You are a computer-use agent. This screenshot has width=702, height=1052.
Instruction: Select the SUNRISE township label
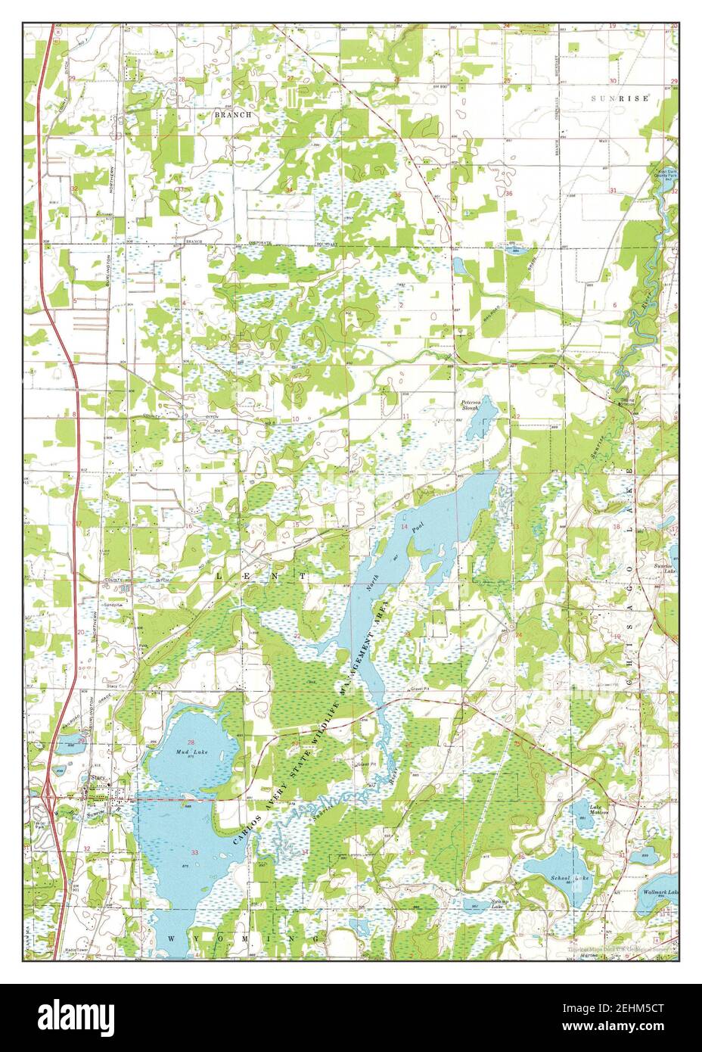[620, 99]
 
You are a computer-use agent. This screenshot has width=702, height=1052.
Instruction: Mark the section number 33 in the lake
[195, 853]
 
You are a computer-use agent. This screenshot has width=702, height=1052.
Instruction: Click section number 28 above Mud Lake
[191, 742]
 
